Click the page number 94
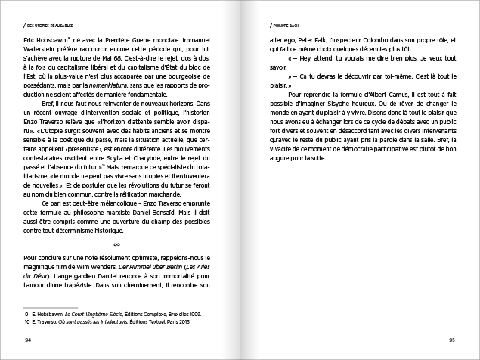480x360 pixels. pyautogui.click(x=28, y=338)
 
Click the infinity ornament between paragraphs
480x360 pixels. pyautogui.click(x=116, y=244)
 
